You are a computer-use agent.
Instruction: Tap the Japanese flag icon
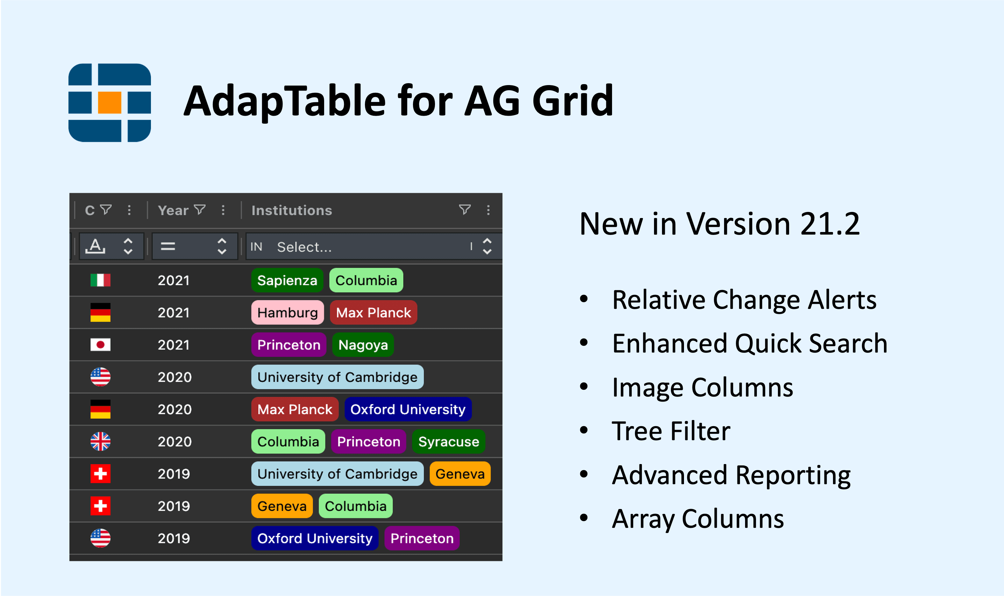pyautogui.click(x=100, y=345)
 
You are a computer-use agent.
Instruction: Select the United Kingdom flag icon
pyautogui.click(x=100, y=441)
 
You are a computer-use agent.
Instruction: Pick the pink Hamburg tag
pyautogui.click(x=288, y=312)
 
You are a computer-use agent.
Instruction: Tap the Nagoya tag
pyautogui.click(x=363, y=345)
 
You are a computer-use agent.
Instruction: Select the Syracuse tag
pyautogui.click(x=448, y=441)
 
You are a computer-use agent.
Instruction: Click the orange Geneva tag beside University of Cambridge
pyautogui.click(x=460, y=474)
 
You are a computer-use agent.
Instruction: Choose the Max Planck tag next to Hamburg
pyautogui.click(x=374, y=312)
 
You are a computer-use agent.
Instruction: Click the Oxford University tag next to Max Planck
pyautogui.click(x=408, y=409)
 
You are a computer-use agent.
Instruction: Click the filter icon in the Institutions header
pyautogui.click(x=465, y=210)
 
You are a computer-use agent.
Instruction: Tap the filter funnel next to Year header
pyautogui.click(x=200, y=210)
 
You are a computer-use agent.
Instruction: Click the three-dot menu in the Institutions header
pyautogui.click(x=488, y=210)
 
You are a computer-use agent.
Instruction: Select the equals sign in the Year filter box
pyautogui.click(x=168, y=246)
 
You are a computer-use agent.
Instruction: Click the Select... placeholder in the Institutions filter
pyautogui.click(x=304, y=247)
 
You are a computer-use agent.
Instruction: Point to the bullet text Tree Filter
pyautogui.click(x=671, y=431)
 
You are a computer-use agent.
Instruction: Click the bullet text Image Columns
pyautogui.click(x=702, y=388)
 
